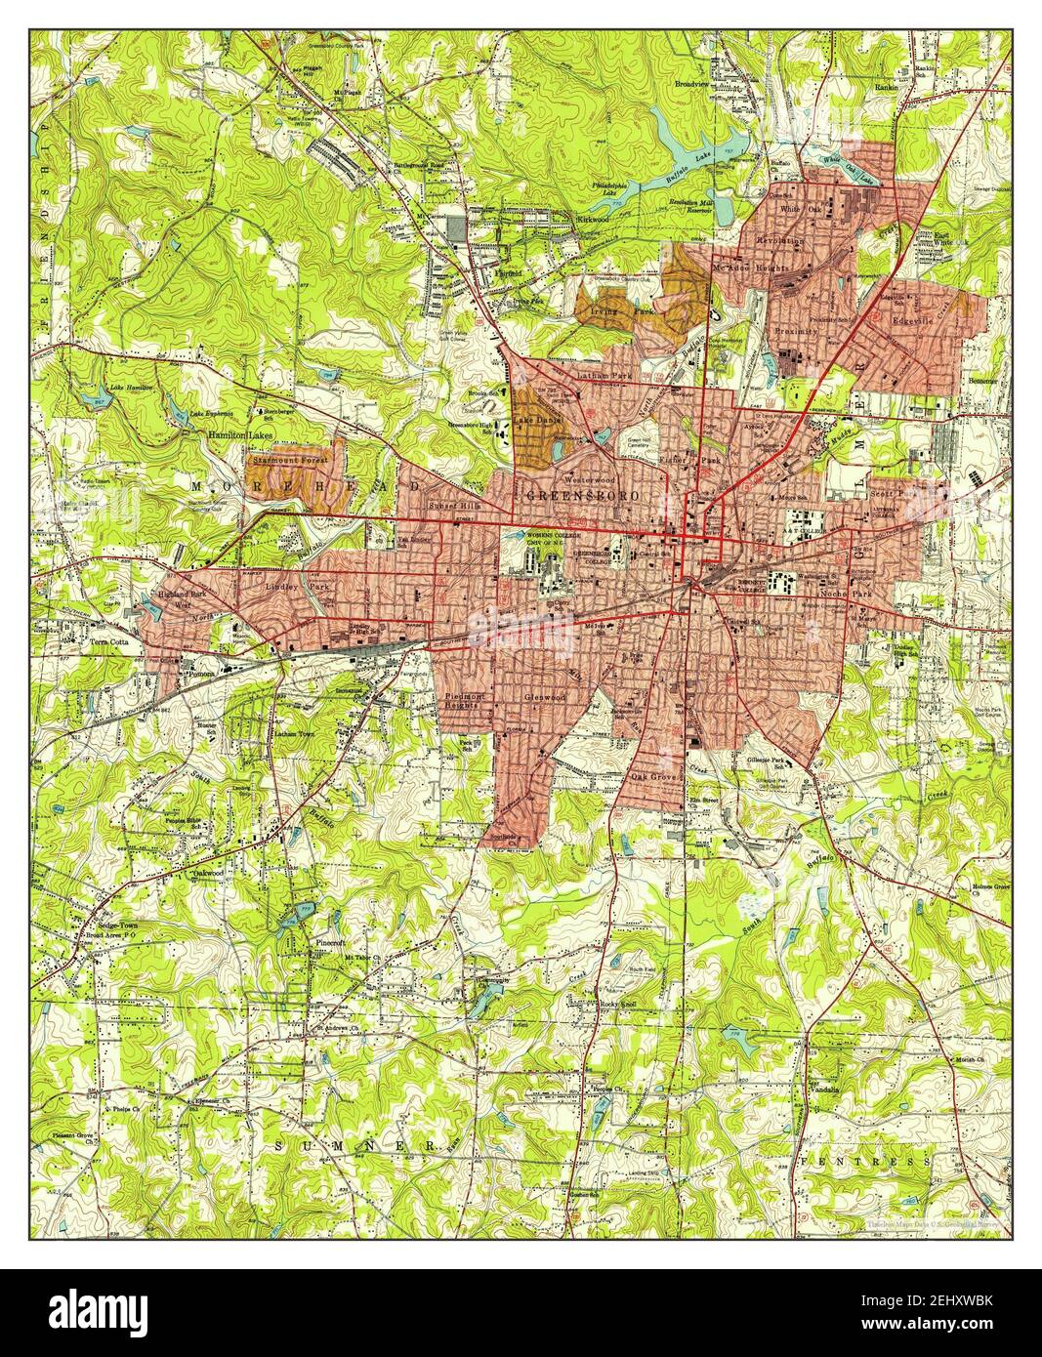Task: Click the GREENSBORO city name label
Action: [584, 497]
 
